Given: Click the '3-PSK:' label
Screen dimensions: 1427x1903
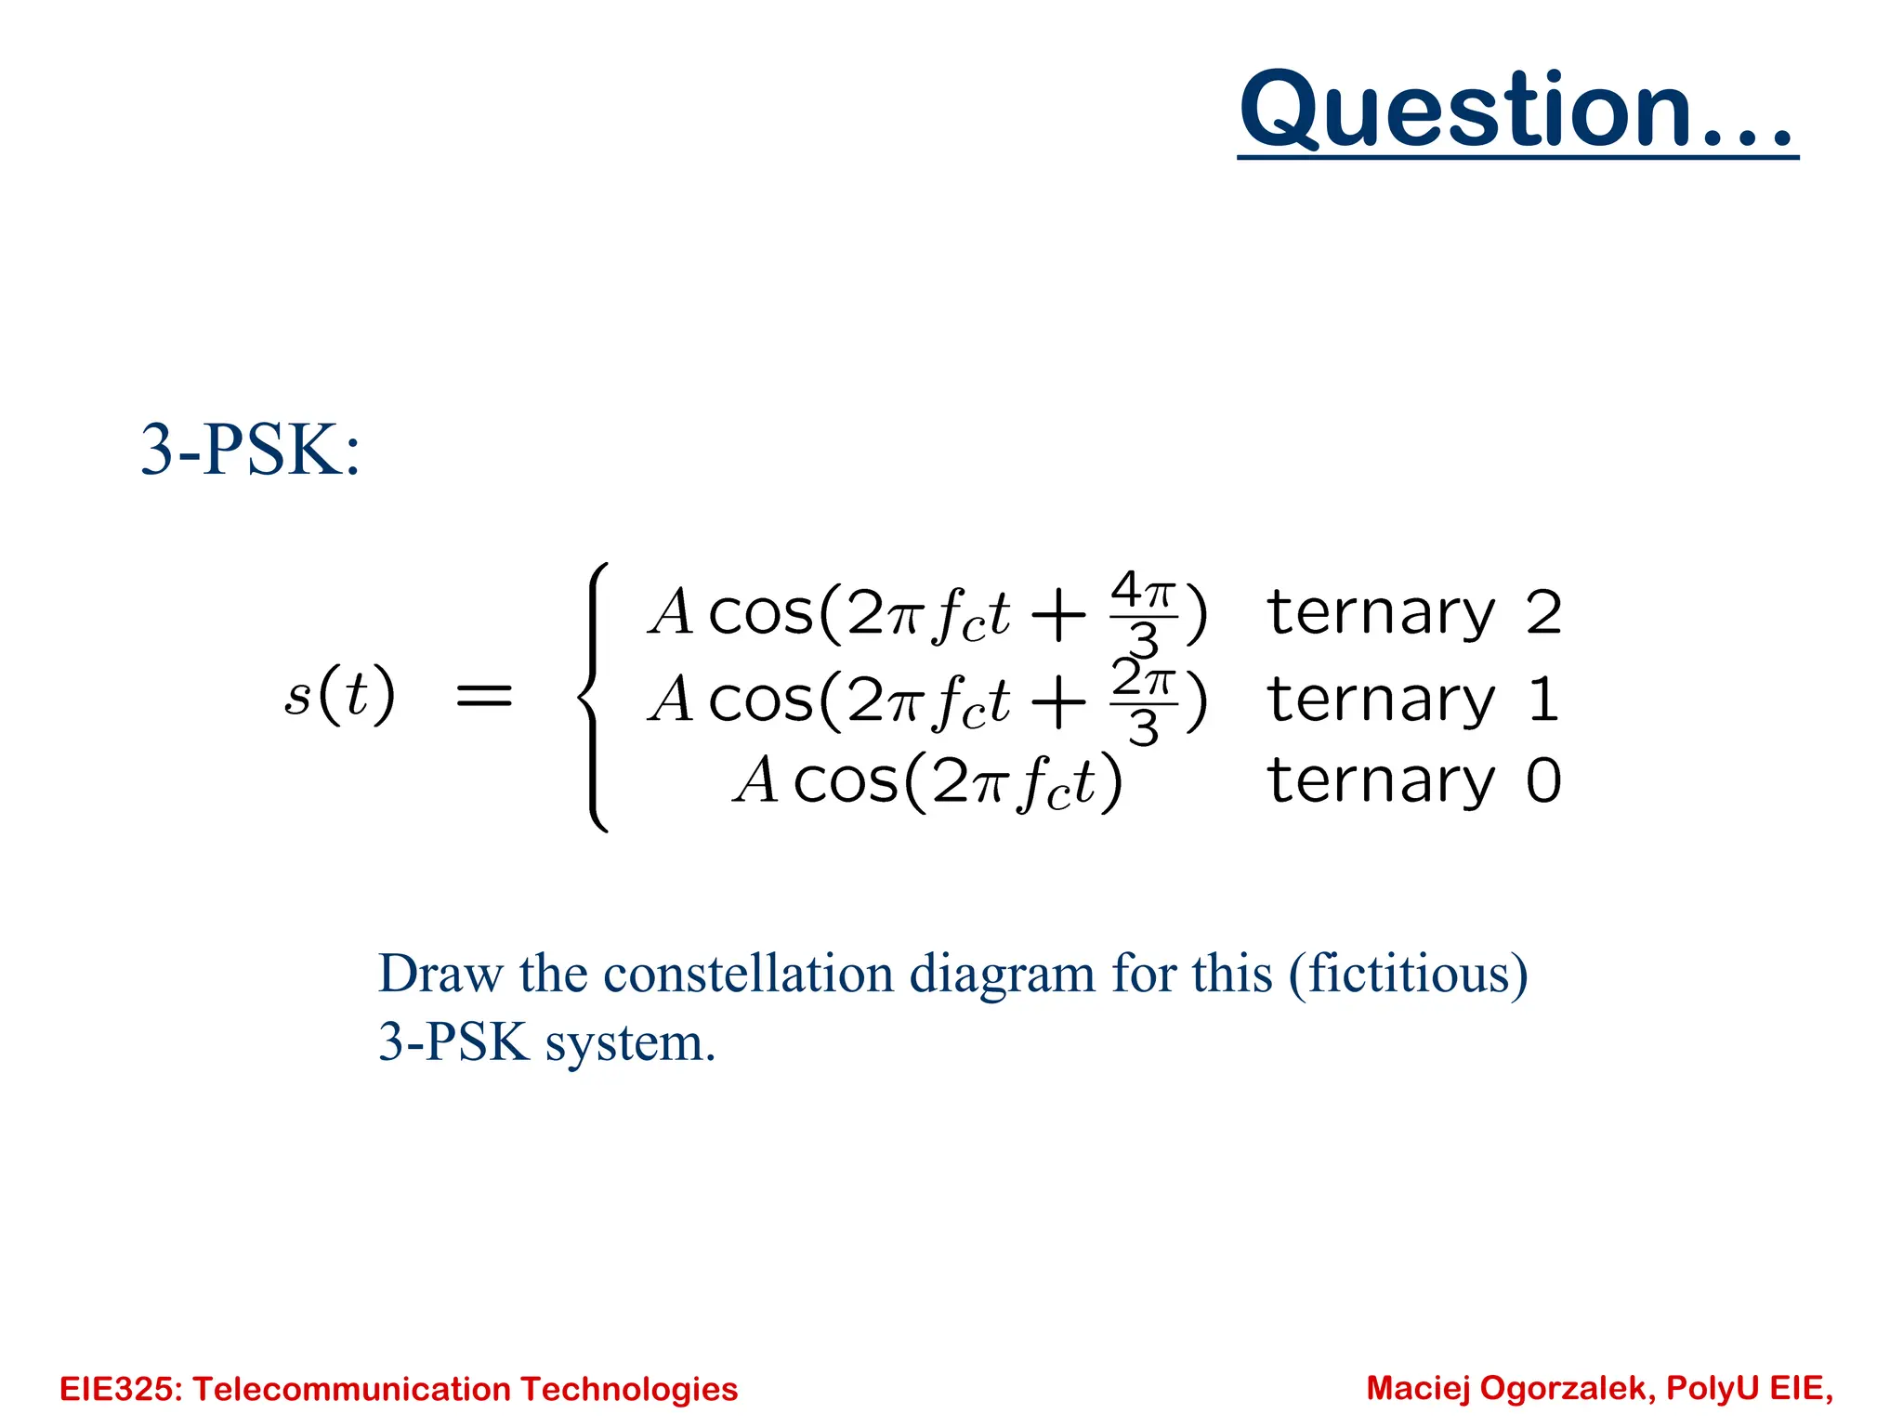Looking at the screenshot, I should (x=249, y=452).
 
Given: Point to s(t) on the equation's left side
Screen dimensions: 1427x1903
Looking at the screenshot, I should (x=339, y=694).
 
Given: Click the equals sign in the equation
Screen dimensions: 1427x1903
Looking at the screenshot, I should (x=484, y=695).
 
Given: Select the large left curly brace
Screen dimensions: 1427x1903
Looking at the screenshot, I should (x=595, y=697).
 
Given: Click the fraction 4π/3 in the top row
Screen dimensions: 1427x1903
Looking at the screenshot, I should (x=1143, y=613).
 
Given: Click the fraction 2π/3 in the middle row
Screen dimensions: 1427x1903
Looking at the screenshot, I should (x=1143, y=700).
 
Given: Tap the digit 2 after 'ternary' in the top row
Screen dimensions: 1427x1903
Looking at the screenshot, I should (x=1543, y=613).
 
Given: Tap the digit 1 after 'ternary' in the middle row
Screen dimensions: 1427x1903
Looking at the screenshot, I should (x=1542, y=700).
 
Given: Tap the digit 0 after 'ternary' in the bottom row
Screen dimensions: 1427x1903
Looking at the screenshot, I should (x=1543, y=780).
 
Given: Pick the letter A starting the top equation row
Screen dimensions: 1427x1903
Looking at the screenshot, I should (x=671, y=613).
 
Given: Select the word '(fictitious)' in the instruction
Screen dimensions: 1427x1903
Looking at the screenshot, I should (x=1408, y=974).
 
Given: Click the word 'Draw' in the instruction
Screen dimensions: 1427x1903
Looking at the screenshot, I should (x=440, y=974).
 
